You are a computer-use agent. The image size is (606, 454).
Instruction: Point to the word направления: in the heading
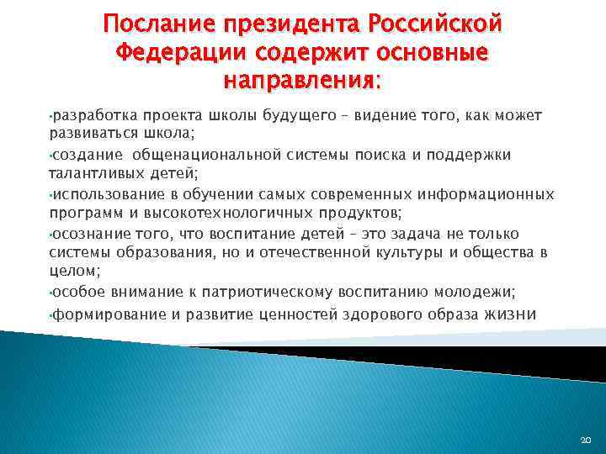[302, 82]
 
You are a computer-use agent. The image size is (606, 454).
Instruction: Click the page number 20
[586, 440]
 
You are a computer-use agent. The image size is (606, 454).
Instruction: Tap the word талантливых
[90, 174]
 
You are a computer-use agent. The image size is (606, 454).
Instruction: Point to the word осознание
[85, 234]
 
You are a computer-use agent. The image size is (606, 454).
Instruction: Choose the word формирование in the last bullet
[104, 315]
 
